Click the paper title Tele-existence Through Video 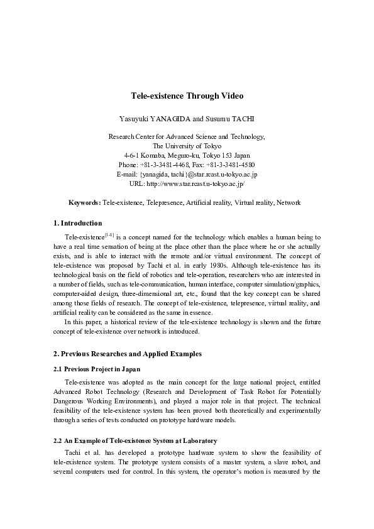187,96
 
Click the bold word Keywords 84,203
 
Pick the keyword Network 289,203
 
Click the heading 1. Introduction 77,223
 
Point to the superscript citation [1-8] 108,234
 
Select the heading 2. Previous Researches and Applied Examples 128,354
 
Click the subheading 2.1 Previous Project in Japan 97,368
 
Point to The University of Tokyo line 187,145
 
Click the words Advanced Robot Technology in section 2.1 92,391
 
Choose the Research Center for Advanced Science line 187,136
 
